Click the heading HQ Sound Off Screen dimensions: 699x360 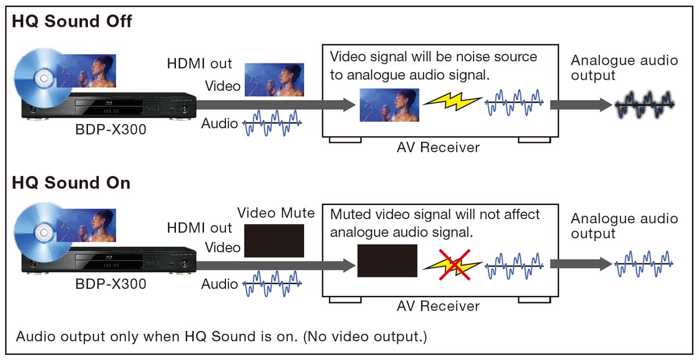[72, 21]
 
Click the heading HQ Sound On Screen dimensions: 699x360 [71, 182]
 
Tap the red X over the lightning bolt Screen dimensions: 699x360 [454, 264]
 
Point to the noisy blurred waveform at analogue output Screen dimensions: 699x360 [645, 104]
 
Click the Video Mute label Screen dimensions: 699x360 [276, 213]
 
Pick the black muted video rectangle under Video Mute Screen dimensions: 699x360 [274, 241]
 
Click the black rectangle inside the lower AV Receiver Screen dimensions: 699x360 [387, 261]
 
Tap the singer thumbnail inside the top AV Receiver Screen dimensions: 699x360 [390, 105]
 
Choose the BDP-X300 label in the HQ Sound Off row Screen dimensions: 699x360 [111, 129]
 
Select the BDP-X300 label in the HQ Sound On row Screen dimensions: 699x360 [111, 284]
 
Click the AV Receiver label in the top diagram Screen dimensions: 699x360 [438, 147]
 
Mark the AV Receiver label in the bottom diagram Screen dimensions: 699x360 [438, 306]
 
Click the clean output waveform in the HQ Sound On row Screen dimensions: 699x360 [644, 264]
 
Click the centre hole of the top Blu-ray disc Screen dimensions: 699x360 [44, 78]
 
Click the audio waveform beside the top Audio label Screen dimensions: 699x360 [272, 123]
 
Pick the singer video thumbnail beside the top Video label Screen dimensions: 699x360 [274, 80]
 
